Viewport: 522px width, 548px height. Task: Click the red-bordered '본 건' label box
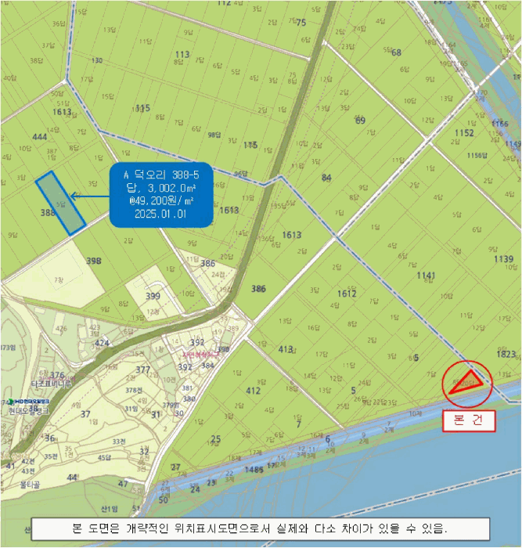(x=469, y=420)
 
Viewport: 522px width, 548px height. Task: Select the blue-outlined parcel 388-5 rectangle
(x=60, y=202)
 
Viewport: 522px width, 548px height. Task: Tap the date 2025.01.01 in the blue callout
(x=160, y=212)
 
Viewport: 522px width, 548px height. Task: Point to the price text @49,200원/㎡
(x=160, y=200)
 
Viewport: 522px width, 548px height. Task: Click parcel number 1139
(x=504, y=258)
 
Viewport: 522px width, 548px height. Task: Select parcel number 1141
(x=426, y=276)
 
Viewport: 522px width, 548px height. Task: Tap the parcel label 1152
(x=464, y=133)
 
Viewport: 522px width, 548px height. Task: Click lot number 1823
(x=506, y=354)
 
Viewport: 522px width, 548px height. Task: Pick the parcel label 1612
(x=347, y=293)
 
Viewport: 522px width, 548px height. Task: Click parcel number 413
(x=286, y=349)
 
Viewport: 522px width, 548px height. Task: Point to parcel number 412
(x=253, y=389)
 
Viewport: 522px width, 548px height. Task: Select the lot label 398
(x=94, y=261)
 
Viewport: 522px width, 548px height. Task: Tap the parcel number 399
(x=153, y=296)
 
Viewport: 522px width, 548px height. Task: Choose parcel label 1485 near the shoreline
(x=254, y=470)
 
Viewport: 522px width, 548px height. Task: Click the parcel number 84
(x=326, y=178)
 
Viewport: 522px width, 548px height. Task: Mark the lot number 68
(x=396, y=53)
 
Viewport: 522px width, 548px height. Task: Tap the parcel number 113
(x=182, y=54)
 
